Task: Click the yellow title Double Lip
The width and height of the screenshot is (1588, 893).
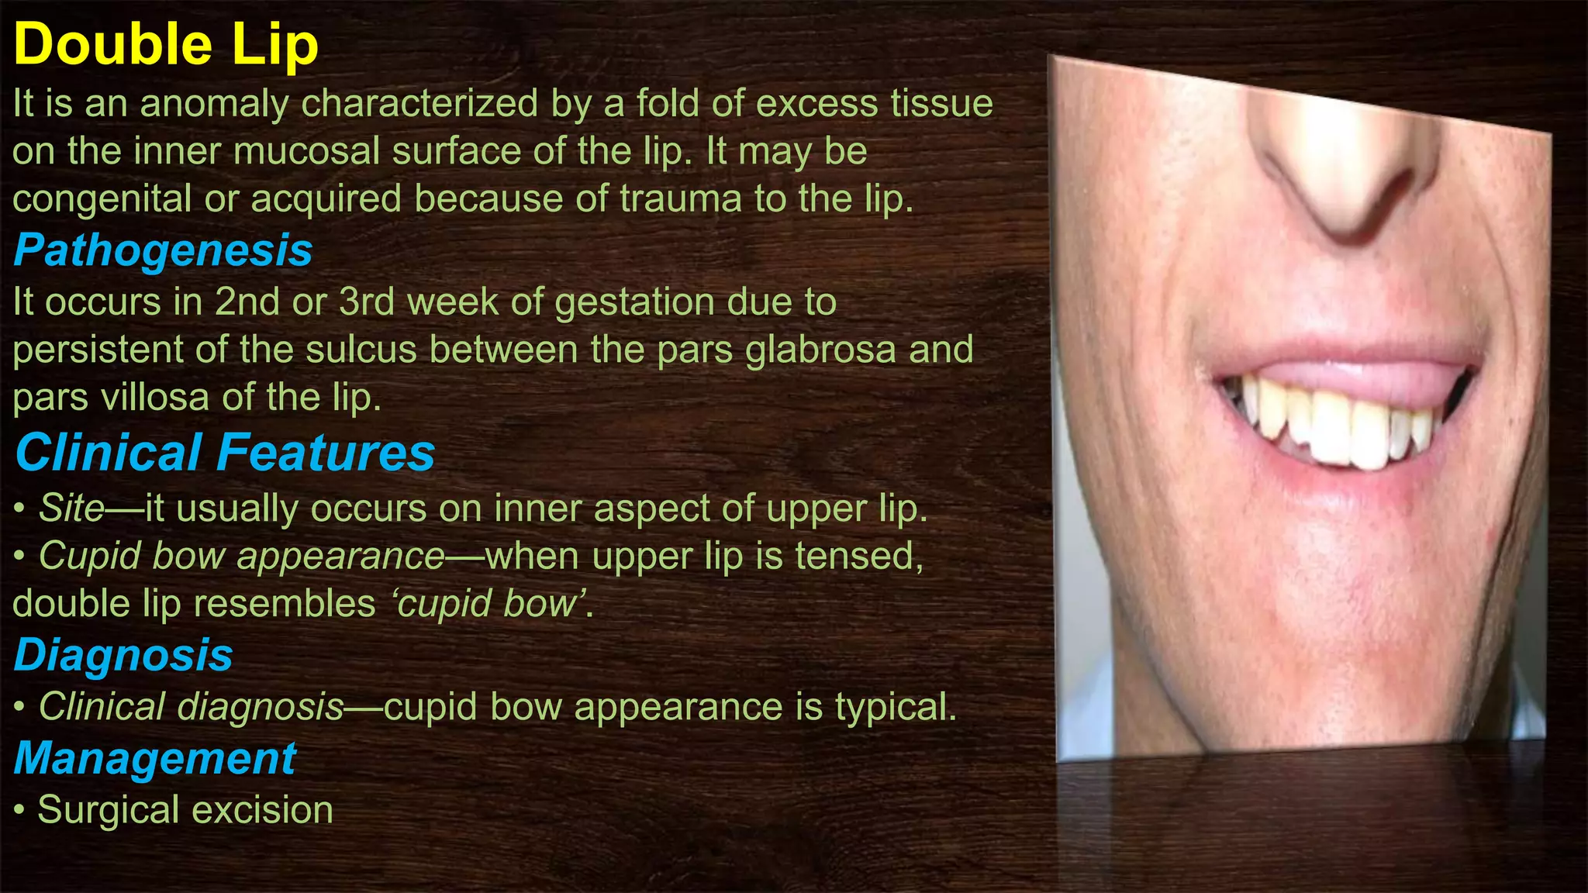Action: pyautogui.click(x=166, y=45)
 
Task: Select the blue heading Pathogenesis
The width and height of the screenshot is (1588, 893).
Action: pyautogui.click(x=163, y=250)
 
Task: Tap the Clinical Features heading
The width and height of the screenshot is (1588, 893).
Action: pyautogui.click(x=225, y=452)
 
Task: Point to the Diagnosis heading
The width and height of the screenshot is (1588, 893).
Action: pyautogui.click(x=123, y=655)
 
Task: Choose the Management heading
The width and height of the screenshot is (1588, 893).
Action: pyautogui.click(x=155, y=758)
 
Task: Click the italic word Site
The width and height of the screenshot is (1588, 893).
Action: pyautogui.click(x=71, y=509)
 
